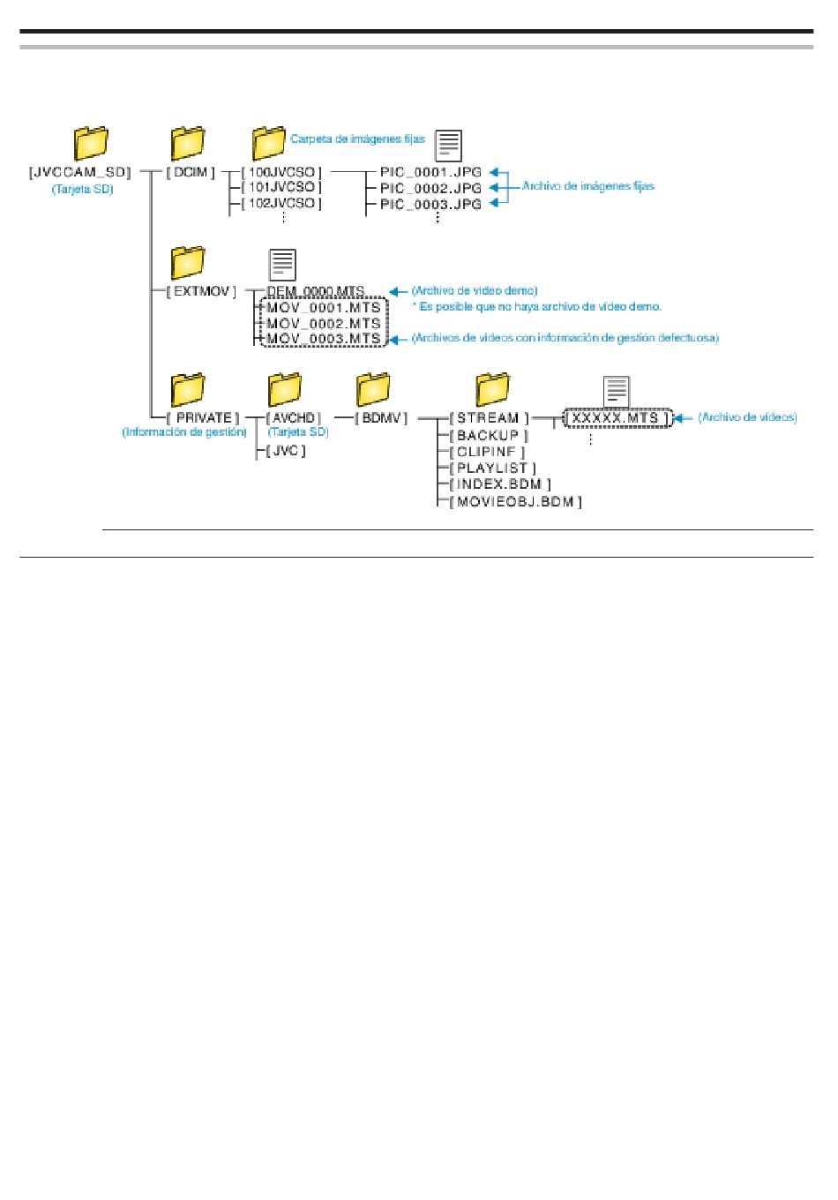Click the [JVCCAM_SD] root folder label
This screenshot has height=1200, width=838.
[x=79, y=173]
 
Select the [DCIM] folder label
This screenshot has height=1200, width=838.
[x=190, y=173]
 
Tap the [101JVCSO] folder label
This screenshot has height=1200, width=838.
[x=281, y=187]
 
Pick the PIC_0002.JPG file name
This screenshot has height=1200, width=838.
[x=430, y=189]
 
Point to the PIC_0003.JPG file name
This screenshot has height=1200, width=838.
[x=430, y=204]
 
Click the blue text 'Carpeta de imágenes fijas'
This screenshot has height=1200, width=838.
[x=357, y=139]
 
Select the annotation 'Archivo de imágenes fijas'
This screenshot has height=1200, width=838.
[x=588, y=186]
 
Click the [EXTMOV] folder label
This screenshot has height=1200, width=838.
[x=201, y=291]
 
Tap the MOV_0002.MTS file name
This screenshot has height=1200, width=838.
[x=324, y=324]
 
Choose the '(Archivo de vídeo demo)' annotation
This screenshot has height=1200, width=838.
[x=475, y=291]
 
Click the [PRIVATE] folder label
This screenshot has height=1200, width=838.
[x=202, y=418]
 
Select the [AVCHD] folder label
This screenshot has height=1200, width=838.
[x=294, y=418]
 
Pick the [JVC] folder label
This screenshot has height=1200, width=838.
[x=286, y=451]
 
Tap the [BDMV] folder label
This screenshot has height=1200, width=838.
[x=381, y=418]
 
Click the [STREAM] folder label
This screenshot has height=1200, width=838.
[x=489, y=418]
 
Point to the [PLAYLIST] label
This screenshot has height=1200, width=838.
[x=492, y=469]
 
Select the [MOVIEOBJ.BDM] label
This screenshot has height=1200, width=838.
[x=515, y=502]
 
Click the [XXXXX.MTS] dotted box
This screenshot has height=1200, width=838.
[x=618, y=418]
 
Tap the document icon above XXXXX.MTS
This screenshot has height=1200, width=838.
[x=616, y=392]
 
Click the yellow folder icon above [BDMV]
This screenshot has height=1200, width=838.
[x=372, y=389]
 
